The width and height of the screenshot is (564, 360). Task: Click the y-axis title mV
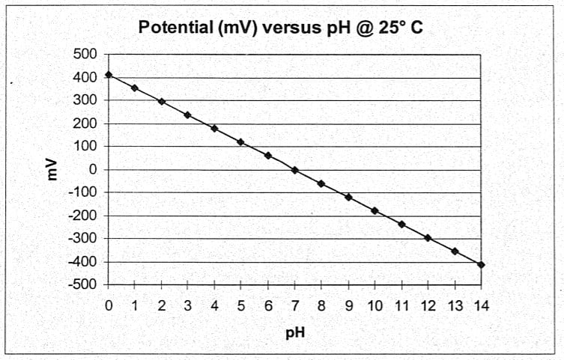53,169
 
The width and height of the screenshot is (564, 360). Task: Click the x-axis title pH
294,332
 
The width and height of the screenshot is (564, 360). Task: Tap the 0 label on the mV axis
93,170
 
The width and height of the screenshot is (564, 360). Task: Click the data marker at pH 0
109,75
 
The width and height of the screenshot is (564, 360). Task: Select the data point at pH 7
295,170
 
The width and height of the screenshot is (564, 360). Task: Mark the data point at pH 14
481,264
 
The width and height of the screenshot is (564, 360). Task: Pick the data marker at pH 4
215,129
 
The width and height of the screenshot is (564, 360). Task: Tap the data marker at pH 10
375,211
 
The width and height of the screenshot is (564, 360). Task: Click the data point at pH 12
428,238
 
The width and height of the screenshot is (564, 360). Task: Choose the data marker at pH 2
162,101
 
